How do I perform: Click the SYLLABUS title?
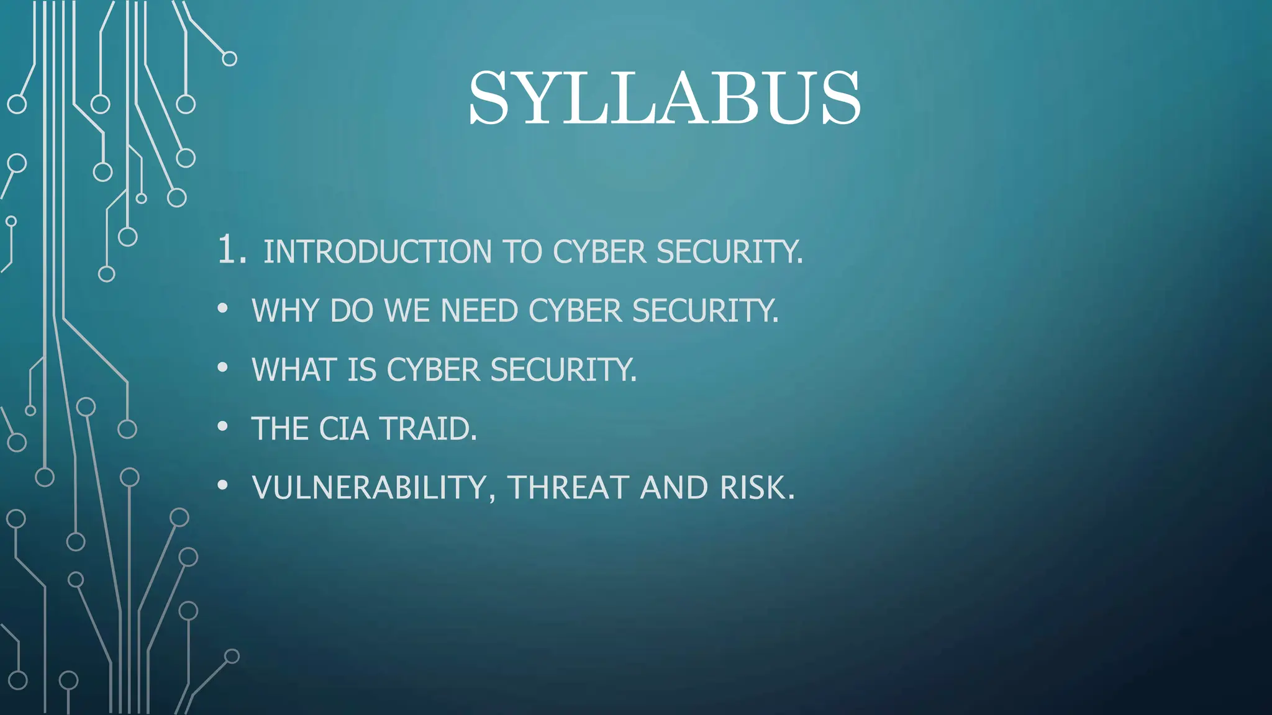point(665,98)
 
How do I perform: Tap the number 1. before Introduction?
point(232,250)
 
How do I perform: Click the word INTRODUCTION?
point(378,252)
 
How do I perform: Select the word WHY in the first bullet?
point(286,310)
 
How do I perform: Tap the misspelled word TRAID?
point(428,429)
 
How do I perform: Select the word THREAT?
point(569,488)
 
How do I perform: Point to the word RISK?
point(756,488)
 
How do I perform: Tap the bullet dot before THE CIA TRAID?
point(223,426)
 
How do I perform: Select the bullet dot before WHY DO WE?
point(223,308)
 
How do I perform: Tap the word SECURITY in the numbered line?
point(729,252)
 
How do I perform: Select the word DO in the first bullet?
point(352,310)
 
